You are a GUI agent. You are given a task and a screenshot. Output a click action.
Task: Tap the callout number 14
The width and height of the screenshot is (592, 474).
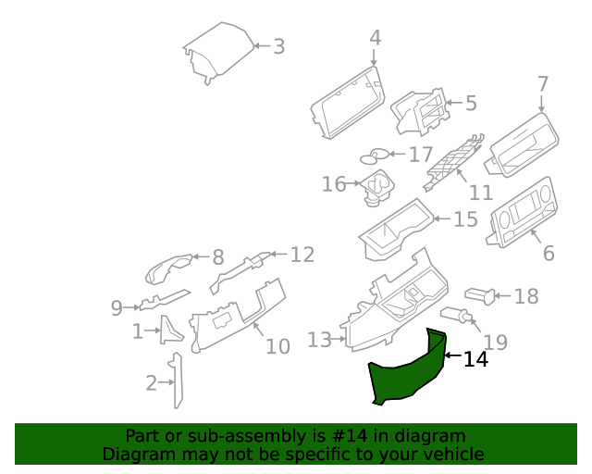click(475, 359)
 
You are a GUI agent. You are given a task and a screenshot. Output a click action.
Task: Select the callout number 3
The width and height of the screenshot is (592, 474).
click(278, 45)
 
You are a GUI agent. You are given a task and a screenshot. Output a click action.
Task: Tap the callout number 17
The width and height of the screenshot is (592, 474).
click(421, 155)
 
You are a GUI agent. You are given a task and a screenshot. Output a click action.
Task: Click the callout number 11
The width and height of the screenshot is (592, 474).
click(481, 193)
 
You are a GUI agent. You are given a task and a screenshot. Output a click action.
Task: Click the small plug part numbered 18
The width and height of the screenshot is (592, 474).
click(478, 295)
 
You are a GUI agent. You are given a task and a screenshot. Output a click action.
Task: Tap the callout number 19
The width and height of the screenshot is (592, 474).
click(496, 343)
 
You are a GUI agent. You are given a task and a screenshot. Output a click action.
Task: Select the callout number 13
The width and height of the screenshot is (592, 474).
click(319, 341)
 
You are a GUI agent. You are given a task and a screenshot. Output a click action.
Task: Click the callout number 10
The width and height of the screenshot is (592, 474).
click(277, 346)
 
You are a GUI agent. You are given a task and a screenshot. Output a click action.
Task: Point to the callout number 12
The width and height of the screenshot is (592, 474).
click(302, 255)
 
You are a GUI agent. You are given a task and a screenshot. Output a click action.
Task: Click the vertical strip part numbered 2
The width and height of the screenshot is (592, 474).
click(176, 380)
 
